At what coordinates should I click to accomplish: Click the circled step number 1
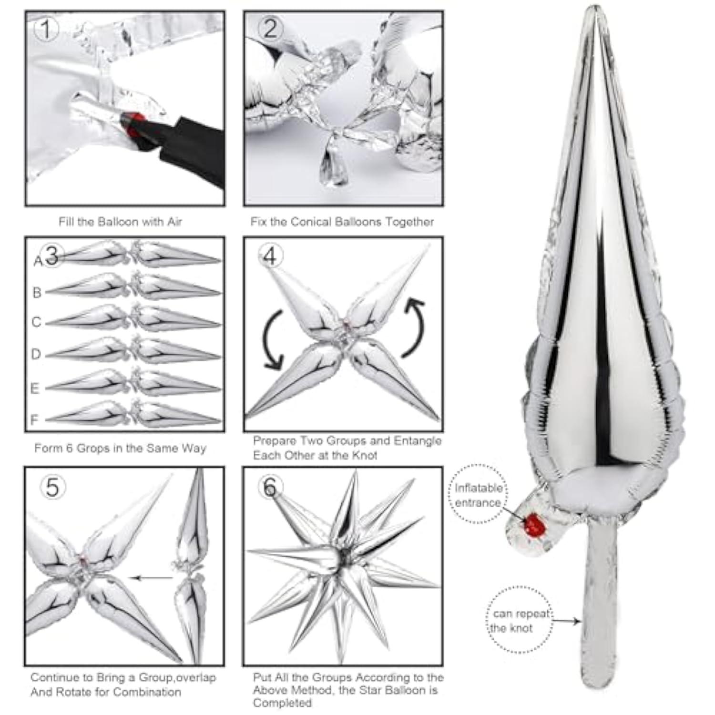46,30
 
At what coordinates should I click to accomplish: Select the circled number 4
270,256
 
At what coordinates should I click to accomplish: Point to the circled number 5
52,487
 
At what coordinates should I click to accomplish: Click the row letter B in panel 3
37,292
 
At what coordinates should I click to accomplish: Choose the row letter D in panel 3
36,354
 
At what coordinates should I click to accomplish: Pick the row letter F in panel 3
34,419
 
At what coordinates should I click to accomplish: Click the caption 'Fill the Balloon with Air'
120,222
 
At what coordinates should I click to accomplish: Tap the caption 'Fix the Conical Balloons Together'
342,222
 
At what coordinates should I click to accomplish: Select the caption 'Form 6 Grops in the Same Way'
120,448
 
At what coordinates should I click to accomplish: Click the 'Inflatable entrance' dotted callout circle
478,495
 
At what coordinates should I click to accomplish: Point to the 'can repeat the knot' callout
520,621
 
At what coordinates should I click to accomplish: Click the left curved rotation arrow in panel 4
273,339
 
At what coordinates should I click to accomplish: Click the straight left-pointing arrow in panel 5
153,578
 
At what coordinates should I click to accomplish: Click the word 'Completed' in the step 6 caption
282,703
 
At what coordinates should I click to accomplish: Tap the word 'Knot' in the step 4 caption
365,455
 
